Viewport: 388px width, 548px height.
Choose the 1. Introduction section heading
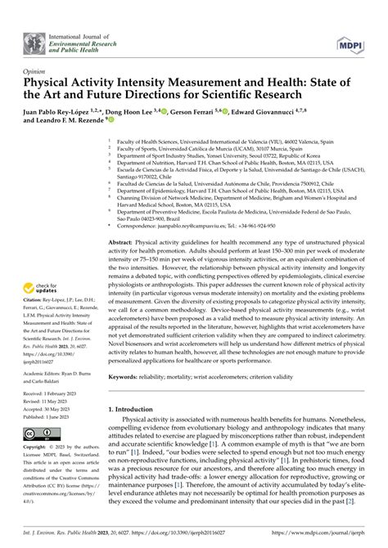pos(137,430)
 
